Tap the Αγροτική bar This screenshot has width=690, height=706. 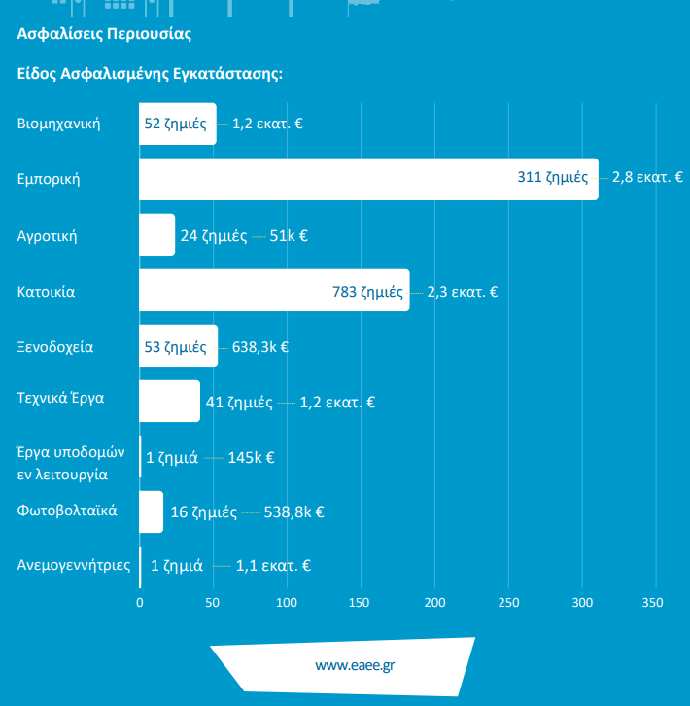156,235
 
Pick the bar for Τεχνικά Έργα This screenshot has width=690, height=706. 169,401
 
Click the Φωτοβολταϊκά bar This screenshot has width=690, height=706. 151,512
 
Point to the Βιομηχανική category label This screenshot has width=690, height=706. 59,124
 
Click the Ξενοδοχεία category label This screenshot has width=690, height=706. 55,345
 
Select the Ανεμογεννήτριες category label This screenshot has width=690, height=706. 74,565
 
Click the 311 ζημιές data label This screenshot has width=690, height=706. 553,178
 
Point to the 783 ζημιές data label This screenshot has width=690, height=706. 367,291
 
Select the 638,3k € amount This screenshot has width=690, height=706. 260,346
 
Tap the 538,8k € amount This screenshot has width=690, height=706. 293,512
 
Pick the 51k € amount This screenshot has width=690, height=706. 289,235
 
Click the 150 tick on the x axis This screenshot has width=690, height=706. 361,603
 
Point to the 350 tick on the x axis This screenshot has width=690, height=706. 652,603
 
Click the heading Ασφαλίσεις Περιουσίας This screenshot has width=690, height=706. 104,34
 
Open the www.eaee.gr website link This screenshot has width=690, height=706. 355,665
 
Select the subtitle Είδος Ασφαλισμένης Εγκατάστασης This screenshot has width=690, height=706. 150,74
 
